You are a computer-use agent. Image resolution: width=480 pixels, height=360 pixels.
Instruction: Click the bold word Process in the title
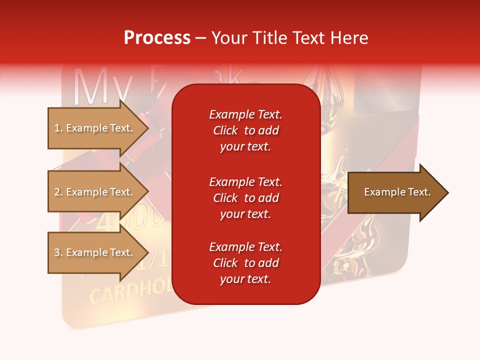pos(157,38)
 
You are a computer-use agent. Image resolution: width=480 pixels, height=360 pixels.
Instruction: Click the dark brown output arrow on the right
pos(395,192)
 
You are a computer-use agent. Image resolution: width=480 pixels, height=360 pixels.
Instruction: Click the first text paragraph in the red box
pos(245,130)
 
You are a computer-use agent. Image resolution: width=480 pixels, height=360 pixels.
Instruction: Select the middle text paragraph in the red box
pos(245,198)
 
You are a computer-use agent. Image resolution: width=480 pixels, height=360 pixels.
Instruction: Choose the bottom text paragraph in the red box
pos(245,263)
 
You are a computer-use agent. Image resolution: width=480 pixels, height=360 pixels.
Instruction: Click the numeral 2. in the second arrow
pos(58,192)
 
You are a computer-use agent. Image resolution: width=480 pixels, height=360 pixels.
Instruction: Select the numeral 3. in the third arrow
pos(58,252)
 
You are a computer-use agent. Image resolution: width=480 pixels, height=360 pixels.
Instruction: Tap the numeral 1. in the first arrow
pos(58,128)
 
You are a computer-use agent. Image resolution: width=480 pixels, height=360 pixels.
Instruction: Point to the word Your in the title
pos(228,38)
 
